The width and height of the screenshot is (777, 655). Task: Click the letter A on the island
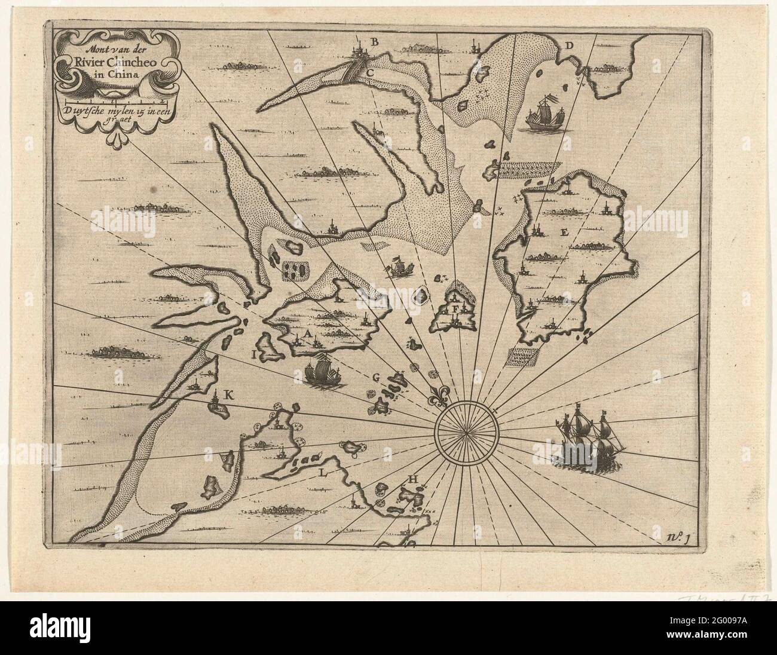[x=308, y=334]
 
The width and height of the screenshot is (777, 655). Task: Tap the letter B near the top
[x=375, y=41]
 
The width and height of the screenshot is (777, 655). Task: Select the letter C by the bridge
[x=370, y=72]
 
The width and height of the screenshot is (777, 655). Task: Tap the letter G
[x=376, y=377]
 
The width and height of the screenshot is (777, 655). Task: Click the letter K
[x=227, y=394]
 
